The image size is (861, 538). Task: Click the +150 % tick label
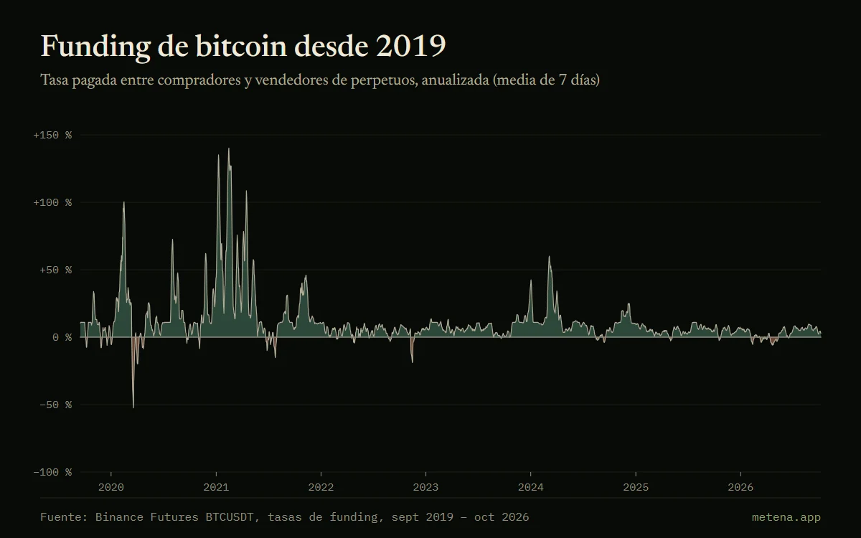pyautogui.click(x=52, y=136)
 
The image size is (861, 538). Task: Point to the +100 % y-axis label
pyautogui.click(x=52, y=202)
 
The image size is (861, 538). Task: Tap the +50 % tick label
pyautogui.click(x=56, y=270)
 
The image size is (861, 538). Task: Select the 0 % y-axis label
pyautogui.click(x=62, y=337)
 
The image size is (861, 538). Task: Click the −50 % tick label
pyautogui.click(x=56, y=405)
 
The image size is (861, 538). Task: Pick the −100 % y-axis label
pyautogui.click(x=52, y=472)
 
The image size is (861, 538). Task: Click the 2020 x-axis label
pyautogui.click(x=111, y=487)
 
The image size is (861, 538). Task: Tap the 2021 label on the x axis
pyautogui.click(x=216, y=487)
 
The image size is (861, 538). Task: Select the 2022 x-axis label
pyautogui.click(x=321, y=487)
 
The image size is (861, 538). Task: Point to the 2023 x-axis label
pyautogui.click(x=425, y=487)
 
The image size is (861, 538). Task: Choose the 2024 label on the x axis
pyautogui.click(x=531, y=487)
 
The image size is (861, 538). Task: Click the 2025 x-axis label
pyautogui.click(x=636, y=487)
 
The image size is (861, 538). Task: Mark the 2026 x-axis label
pyautogui.click(x=740, y=487)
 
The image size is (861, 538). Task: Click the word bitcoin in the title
pyautogui.click(x=241, y=46)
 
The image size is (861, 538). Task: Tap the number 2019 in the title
pyautogui.click(x=411, y=46)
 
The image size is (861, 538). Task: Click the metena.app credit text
pyautogui.click(x=786, y=517)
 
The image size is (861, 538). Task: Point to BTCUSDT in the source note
pyautogui.click(x=230, y=517)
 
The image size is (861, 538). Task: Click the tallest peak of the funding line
pyautogui.click(x=229, y=148)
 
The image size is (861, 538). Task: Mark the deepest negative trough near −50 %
pyautogui.click(x=133, y=407)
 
